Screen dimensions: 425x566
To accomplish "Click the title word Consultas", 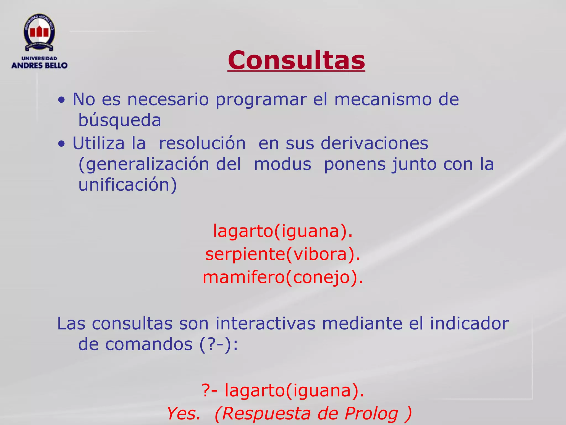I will [x=296, y=60].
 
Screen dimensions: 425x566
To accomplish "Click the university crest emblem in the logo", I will [x=39, y=33].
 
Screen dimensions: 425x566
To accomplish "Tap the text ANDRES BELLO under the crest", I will [x=39, y=66].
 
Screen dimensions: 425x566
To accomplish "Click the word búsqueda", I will [x=120, y=120].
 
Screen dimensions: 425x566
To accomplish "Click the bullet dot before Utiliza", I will [x=62, y=144].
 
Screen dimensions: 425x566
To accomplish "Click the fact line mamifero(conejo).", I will [x=283, y=277].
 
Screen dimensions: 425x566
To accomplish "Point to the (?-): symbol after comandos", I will [x=219, y=344].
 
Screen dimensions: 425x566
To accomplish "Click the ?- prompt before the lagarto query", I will [x=209, y=390].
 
